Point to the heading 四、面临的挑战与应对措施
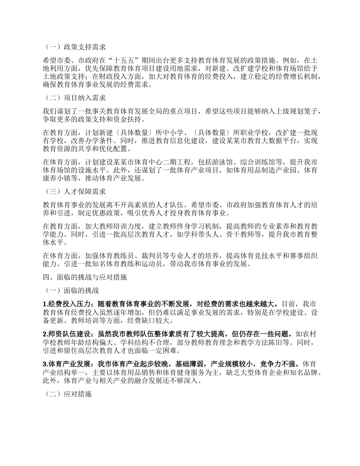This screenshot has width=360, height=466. [85, 277]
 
